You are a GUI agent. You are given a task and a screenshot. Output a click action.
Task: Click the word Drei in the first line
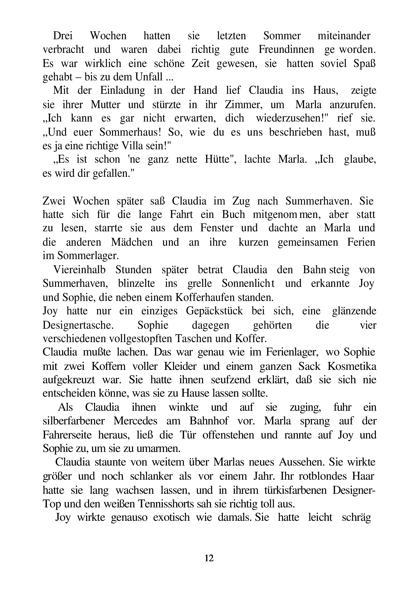pos(63,36)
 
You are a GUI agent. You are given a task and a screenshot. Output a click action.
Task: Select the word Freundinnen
pos(286,50)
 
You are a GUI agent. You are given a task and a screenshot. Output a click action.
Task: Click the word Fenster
pos(217,228)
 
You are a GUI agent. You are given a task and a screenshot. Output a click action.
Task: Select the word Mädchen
pos(132,242)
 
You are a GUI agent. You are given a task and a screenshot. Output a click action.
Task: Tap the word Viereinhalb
pos(79,270)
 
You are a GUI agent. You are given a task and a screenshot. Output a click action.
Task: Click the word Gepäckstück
pos(214,311)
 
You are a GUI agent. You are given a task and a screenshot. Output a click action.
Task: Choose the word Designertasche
pos(78,325)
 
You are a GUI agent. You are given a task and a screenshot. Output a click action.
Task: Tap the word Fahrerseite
pos(67,435)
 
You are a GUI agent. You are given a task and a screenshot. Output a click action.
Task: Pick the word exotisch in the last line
pos(172,517)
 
